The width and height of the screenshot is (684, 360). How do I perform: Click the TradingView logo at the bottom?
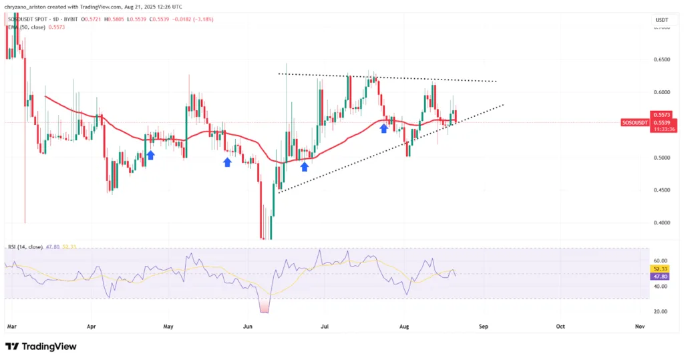(x=41, y=347)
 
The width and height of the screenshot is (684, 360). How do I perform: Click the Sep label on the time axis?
(x=484, y=327)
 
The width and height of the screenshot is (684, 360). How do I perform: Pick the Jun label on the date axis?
(x=248, y=327)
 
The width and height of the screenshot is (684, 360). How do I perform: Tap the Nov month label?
(x=639, y=327)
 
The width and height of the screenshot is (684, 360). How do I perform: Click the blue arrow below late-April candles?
(x=151, y=155)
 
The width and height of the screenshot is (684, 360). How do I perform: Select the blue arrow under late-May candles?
(x=228, y=162)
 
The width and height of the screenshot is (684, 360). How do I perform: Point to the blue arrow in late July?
(x=384, y=127)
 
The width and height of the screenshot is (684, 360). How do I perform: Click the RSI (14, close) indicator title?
(x=24, y=247)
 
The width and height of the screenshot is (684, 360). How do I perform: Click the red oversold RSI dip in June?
(x=265, y=307)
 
